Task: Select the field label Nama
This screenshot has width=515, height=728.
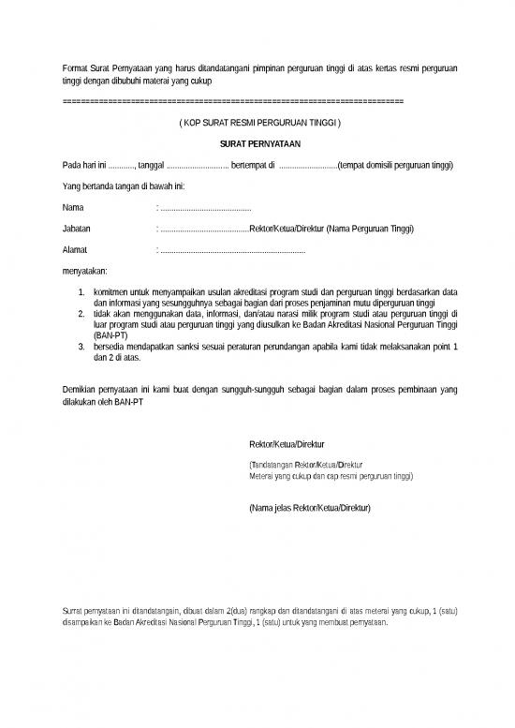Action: [x=71, y=207]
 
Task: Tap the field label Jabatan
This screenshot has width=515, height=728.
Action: [x=76, y=229]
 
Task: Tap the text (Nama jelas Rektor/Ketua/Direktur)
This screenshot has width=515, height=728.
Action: [x=308, y=507]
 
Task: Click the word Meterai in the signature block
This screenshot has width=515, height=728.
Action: [x=262, y=475]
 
